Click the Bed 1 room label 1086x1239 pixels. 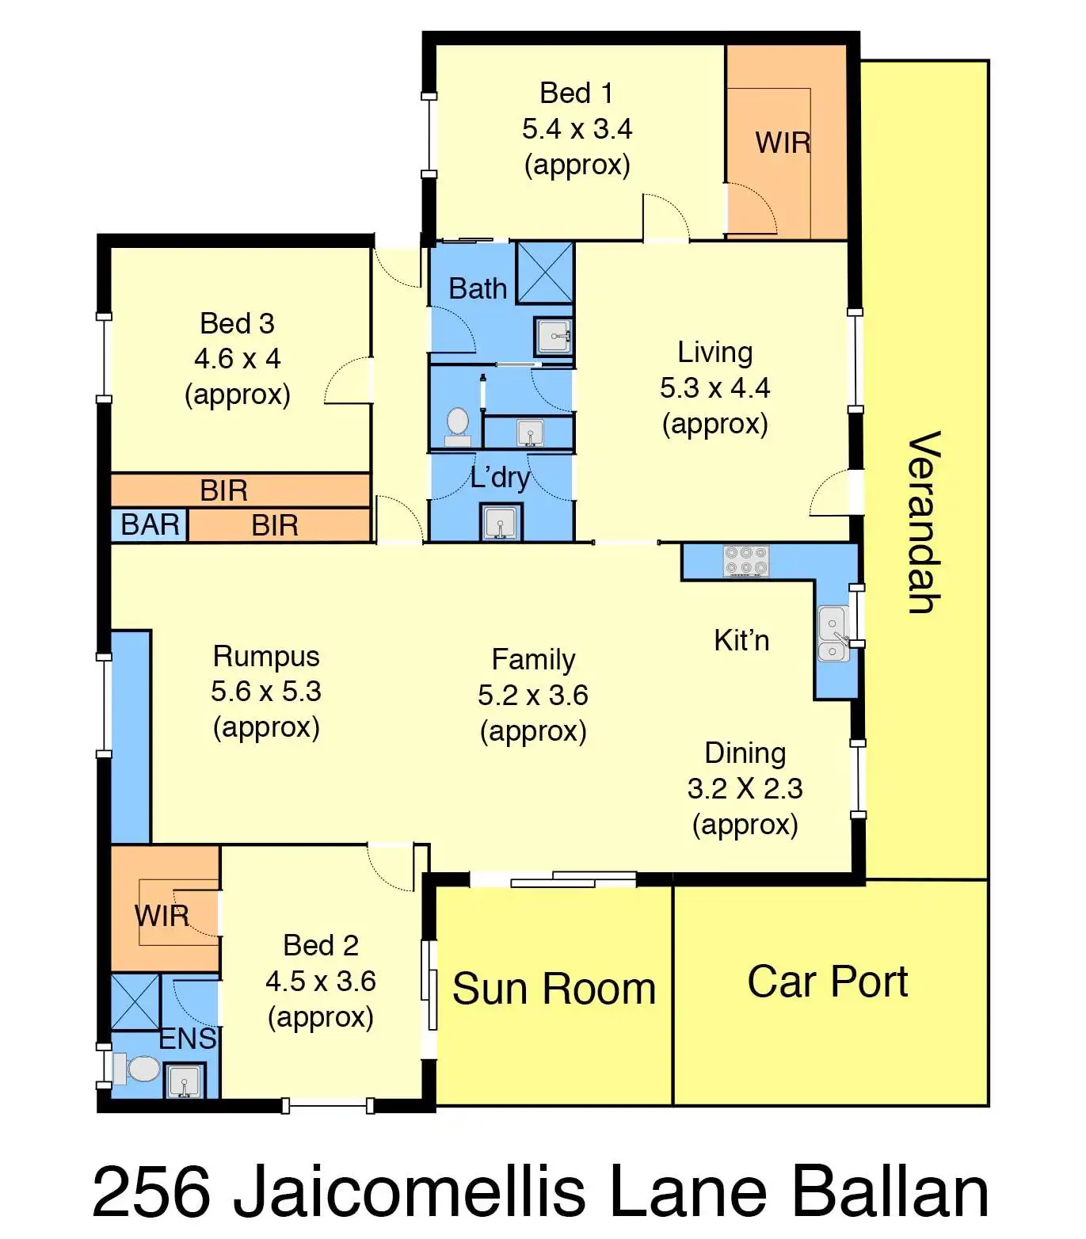point(577,93)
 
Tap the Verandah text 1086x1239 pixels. point(924,523)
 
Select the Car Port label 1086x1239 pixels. point(828,982)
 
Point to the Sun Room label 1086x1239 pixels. point(554,989)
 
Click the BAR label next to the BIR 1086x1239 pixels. point(150,524)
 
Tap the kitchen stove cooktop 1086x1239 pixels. point(746,561)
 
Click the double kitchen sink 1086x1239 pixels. point(833,633)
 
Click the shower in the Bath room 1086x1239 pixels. point(545,273)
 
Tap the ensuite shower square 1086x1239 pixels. point(135,1002)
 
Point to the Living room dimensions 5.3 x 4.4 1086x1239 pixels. point(714,387)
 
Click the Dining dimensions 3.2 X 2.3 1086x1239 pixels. point(745,788)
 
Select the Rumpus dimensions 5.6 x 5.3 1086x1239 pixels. point(266,691)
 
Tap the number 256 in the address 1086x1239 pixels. point(152,1191)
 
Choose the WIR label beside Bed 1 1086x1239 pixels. point(783,143)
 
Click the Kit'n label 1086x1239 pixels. point(741,640)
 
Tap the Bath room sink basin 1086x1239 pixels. point(554,336)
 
